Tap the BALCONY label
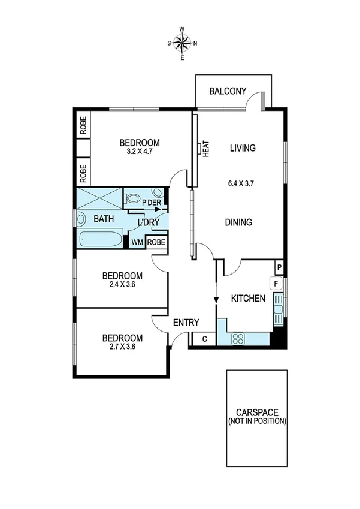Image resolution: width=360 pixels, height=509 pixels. pyautogui.click(x=228, y=92)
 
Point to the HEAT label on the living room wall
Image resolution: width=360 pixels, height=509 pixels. pyautogui.click(x=205, y=149)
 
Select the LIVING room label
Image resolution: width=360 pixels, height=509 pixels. pyautogui.click(x=243, y=148)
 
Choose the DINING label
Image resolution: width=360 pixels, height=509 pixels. pyautogui.click(x=238, y=222)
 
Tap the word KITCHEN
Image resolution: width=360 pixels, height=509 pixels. pyautogui.click(x=248, y=298)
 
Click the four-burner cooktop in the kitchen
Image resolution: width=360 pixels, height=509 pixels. pyautogui.click(x=238, y=339)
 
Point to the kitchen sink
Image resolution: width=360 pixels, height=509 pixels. pyautogui.click(x=277, y=311)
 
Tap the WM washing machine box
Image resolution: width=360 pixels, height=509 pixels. pyautogui.click(x=138, y=242)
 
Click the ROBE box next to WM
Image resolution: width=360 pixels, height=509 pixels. pyautogui.click(x=156, y=242)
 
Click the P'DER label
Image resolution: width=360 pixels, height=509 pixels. pyautogui.click(x=151, y=203)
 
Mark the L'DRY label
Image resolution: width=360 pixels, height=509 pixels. pyautogui.click(x=148, y=222)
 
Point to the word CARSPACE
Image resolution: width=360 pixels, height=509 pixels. pyautogui.click(x=257, y=413)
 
